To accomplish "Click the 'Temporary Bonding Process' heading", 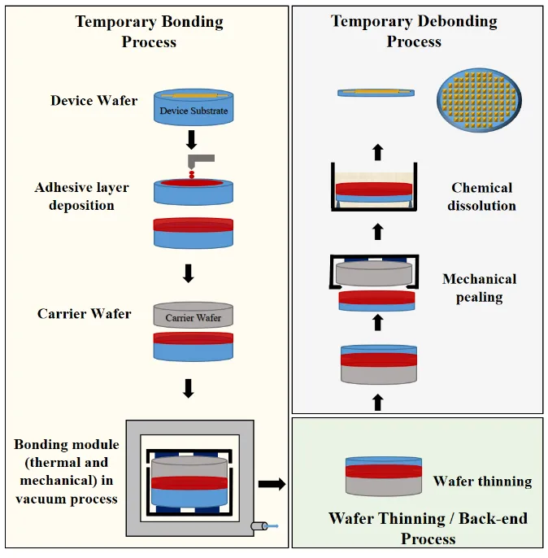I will (x=149, y=32).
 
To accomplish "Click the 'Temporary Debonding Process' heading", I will (x=414, y=31).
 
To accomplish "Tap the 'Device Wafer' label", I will (x=94, y=101).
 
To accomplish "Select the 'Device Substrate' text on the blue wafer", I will (x=194, y=111).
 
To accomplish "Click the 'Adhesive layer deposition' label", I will (x=81, y=196).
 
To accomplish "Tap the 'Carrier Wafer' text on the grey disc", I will (x=194, y=317).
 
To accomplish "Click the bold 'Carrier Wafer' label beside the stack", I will (x=84, y=313).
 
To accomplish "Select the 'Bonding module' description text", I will (x=66, y=472).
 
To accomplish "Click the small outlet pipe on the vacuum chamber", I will (x=262, y=526).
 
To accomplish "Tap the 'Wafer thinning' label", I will (x=482, y=481).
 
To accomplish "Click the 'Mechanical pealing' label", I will (x=479, y=288).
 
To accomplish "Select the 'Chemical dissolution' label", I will (x=483, y=196).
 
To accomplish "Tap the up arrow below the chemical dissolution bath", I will (x=376, y=232).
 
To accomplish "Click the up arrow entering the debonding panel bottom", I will (x=376, y=401).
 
